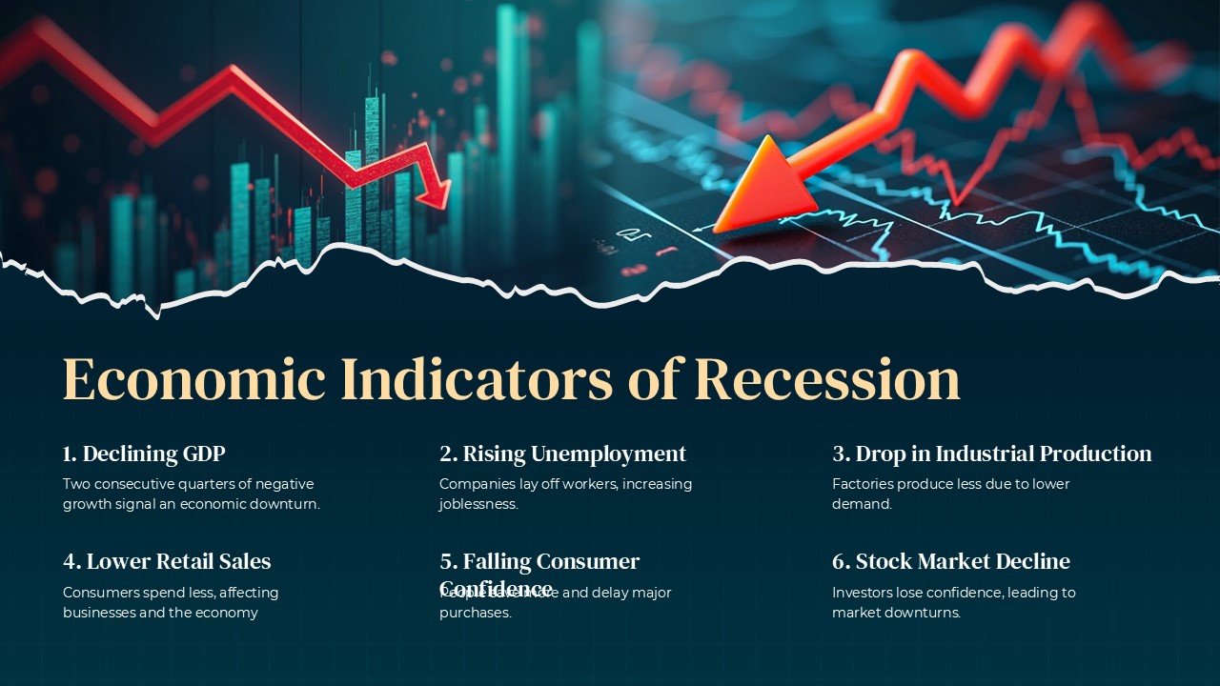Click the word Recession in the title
point(826,379)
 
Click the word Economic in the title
point(194,379)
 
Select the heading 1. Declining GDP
point(144,454)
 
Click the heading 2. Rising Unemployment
point(562,454)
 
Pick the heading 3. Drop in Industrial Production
point(991,454)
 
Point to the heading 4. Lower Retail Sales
point(167,561)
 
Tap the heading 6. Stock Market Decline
point(950,561)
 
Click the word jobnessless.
point(478,505)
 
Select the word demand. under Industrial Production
point(862,505)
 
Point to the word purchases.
point(475,614)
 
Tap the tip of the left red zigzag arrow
point(444,203)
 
